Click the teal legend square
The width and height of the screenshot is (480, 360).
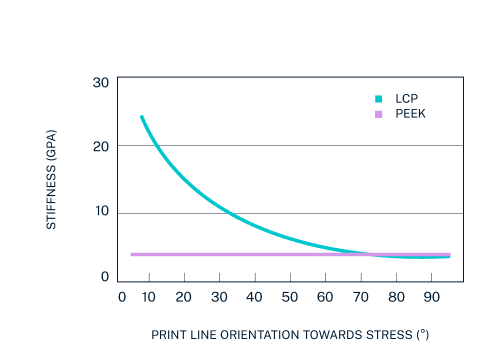pos(378,98)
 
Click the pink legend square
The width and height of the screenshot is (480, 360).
pos(378,114)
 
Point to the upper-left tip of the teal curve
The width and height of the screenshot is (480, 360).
pos(141,116)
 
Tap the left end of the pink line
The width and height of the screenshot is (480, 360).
pos(131,254)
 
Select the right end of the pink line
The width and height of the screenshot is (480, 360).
pos(450,254)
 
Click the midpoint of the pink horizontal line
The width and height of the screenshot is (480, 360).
pos(290,254)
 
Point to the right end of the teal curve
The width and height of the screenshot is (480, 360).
pos(449,257)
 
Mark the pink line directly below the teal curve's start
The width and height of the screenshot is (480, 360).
pos(141,254)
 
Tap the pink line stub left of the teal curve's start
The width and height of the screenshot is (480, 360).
pos(135,254)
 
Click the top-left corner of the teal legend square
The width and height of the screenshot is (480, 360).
pos(375,95)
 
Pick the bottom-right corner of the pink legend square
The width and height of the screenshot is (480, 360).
pos(382,118)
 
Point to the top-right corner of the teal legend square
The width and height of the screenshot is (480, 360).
pos(382,95)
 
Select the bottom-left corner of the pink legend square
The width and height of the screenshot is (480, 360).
pos(375,118)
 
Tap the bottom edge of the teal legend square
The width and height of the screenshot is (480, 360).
pos(378,102)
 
